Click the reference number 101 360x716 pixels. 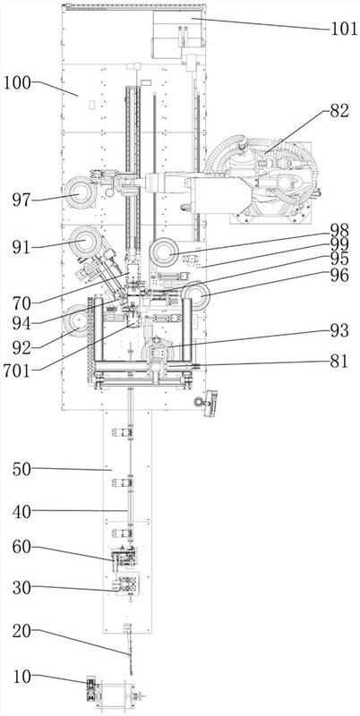point(343,29)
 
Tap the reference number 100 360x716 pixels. point(17,83)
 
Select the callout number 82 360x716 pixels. point(339,110)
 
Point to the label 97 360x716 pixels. point(21,200)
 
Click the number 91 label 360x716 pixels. point(21,248)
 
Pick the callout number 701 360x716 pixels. point(17,371)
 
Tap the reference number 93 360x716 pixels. point(339,330)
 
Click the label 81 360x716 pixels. point(339,362)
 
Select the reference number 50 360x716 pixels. point(21,469)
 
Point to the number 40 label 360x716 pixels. point(21,511)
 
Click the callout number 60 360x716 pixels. point(21,547)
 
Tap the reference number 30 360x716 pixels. point(21,588)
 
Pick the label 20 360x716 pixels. point(21,631)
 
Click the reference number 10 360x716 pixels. point(21,677)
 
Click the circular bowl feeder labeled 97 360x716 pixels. point(80,192)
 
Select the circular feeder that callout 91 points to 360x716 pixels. point(85,241)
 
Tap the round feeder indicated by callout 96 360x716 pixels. point(196,295)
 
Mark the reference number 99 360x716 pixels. point(339,244)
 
